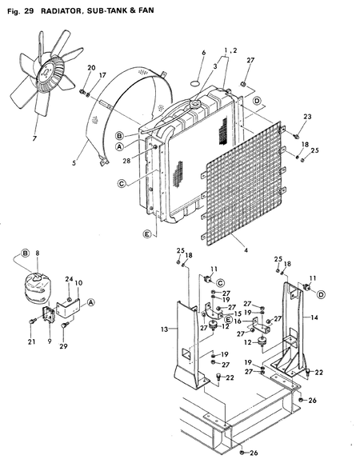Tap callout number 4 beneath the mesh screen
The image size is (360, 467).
pos(246,250)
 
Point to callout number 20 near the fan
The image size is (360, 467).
pos(90,68)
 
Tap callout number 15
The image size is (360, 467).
pos(238,313)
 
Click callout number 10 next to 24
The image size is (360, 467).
pos(78,283)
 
